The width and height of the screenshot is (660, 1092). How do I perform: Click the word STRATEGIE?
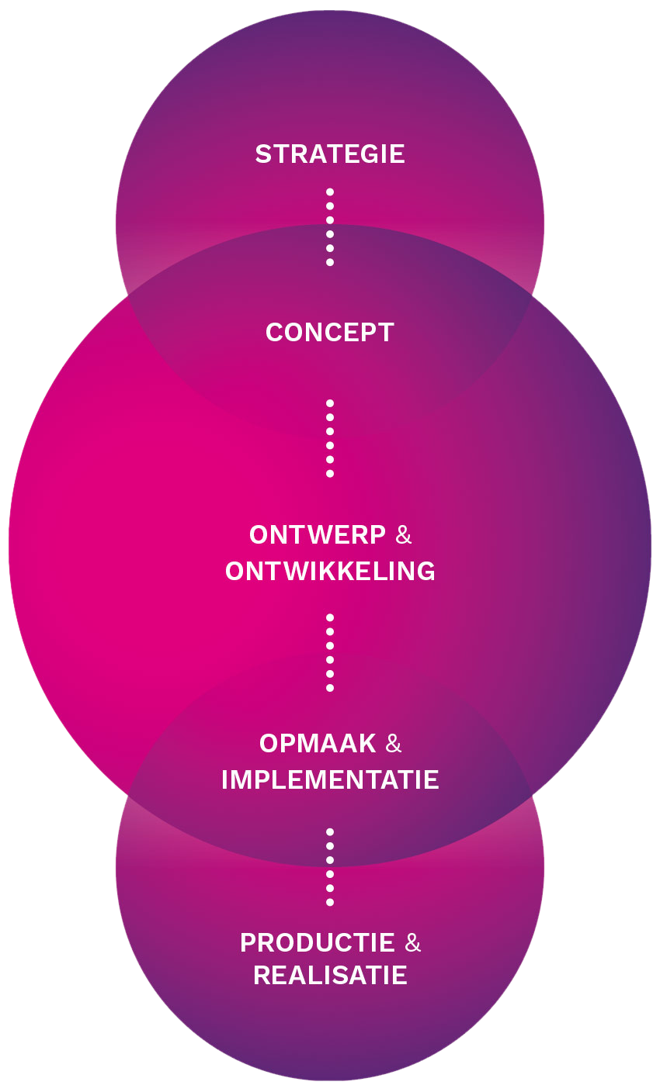click(330, 154)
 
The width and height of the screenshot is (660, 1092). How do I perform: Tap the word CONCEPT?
click(330, 333)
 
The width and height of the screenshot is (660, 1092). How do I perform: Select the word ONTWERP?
click(318, 535)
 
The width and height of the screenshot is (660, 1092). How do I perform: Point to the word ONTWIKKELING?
click(330, 572)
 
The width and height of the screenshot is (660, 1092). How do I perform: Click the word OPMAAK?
click(318, 744)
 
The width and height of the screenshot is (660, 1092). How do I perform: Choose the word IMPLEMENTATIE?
click(330, 779)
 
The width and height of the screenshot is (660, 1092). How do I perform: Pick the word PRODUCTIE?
click(318, 943)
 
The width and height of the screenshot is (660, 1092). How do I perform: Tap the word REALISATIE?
click(330, 976)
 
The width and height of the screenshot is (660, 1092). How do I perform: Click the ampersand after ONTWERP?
click(404, 535)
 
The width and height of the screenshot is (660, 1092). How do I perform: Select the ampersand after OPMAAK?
click(394, 744)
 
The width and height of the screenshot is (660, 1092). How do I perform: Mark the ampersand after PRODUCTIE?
click(413, 943)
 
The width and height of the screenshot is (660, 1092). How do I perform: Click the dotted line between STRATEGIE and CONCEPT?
click(330, 226)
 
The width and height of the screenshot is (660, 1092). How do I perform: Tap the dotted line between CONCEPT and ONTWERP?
click(330, 438)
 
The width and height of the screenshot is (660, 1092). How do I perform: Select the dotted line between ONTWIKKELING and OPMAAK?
click(330, 652)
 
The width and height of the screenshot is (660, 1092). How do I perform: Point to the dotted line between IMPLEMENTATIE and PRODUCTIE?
click(330, 866)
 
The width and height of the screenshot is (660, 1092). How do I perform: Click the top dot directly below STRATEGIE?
click(330, 192)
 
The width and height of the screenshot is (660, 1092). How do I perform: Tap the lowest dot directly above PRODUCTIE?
click(330, 902)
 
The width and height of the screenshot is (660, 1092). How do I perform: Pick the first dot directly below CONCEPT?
click(330, 403)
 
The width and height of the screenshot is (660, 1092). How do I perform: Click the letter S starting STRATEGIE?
click(262, 154)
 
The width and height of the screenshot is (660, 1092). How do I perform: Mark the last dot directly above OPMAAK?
click(330, 688)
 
